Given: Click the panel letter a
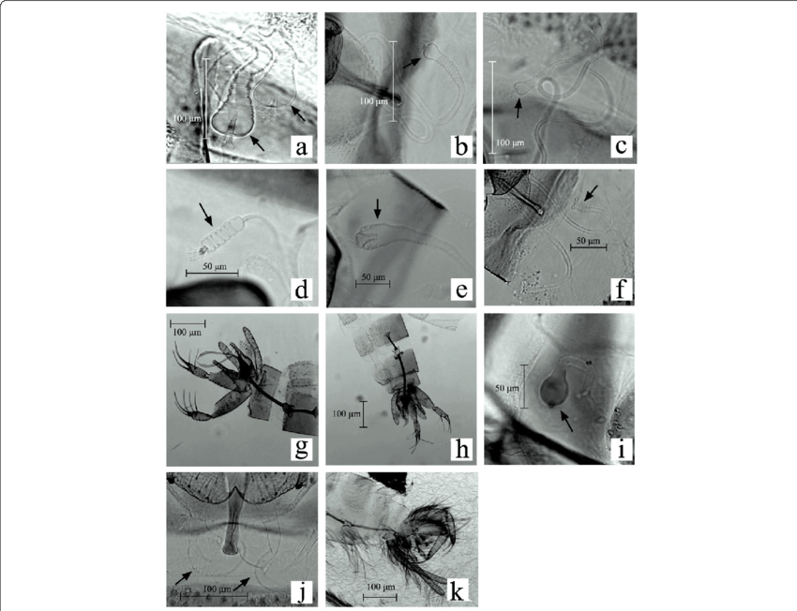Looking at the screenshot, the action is pos(301,147).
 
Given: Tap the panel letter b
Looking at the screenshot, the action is pos(461,146).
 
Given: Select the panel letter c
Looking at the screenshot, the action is pos(621,146).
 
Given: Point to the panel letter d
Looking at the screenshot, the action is pos(301,290).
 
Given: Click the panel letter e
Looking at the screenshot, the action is pos(461,290).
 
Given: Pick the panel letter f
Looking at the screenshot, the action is pos(621,290).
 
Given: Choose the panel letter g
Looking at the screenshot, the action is pos(301,449).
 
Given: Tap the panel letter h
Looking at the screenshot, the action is pos(461,449).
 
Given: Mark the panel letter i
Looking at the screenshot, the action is pos(621,449).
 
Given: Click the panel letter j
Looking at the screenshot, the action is pos(302,592).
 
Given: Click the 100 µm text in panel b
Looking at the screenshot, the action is pos(373,101).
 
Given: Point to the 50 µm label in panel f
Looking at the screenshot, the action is pos(589,240).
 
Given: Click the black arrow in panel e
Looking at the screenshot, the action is pos(377,209).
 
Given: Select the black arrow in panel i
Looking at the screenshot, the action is pos(566,421).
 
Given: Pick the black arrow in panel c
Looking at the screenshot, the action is pos(518,108).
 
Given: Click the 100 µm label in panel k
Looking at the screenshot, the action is pos(382,588).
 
